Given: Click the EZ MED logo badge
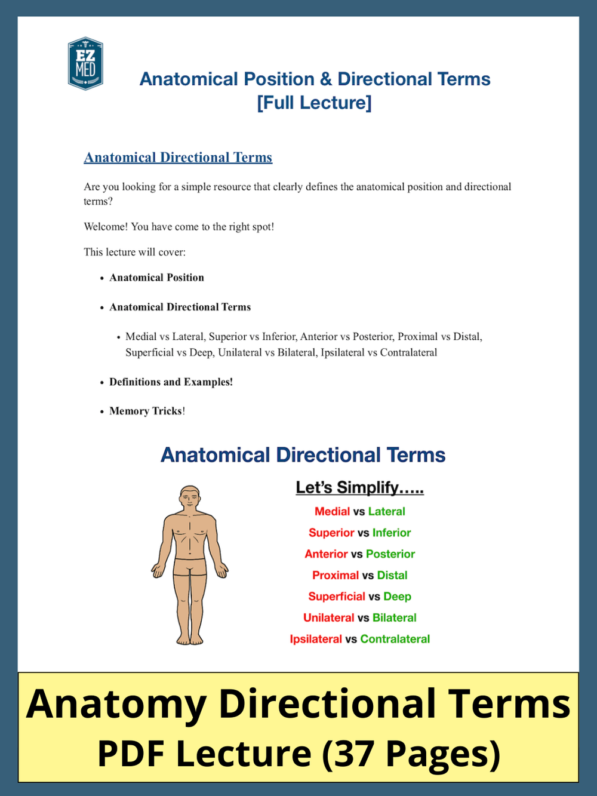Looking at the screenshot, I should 85,64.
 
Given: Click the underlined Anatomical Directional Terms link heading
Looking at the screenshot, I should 178,158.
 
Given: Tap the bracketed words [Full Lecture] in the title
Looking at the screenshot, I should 314,103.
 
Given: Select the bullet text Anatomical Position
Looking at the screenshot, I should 156,278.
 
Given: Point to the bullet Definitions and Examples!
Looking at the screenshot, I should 171,382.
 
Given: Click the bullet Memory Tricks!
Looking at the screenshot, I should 147,411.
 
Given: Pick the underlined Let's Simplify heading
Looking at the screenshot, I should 359,488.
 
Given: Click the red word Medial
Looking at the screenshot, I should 332,512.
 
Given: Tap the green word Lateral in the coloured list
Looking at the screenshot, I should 386,512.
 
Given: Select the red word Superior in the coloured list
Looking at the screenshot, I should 331,533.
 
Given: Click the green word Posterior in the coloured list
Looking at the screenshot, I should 390,554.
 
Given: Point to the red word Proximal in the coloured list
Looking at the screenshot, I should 335,576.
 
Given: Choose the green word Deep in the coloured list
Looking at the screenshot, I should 397,597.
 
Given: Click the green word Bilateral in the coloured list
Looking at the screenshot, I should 394,618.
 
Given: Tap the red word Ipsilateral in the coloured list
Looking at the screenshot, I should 316,640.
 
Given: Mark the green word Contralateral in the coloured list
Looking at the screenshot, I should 395,640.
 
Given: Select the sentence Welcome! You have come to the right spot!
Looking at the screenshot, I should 179,227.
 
